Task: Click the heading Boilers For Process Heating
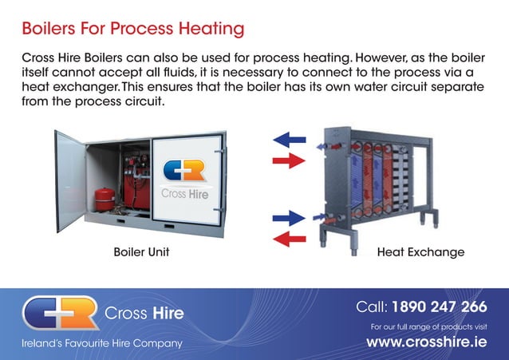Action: click(132, 30)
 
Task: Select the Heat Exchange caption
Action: click(420, 252)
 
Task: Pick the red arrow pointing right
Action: click(289, 161)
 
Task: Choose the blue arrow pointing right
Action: click(289, 218)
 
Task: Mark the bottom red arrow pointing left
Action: click(289, 238)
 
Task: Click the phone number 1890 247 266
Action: click(439, 307)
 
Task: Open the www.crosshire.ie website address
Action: click(426, 342)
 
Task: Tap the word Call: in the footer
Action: click(371, 307)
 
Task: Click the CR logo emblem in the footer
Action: click(60, 312)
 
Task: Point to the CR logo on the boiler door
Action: click(184, 171)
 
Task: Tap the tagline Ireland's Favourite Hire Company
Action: click(101, 343)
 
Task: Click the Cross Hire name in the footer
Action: click(144, 313)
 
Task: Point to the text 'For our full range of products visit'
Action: click(429, 326)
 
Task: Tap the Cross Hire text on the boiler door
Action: click(185, 193)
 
